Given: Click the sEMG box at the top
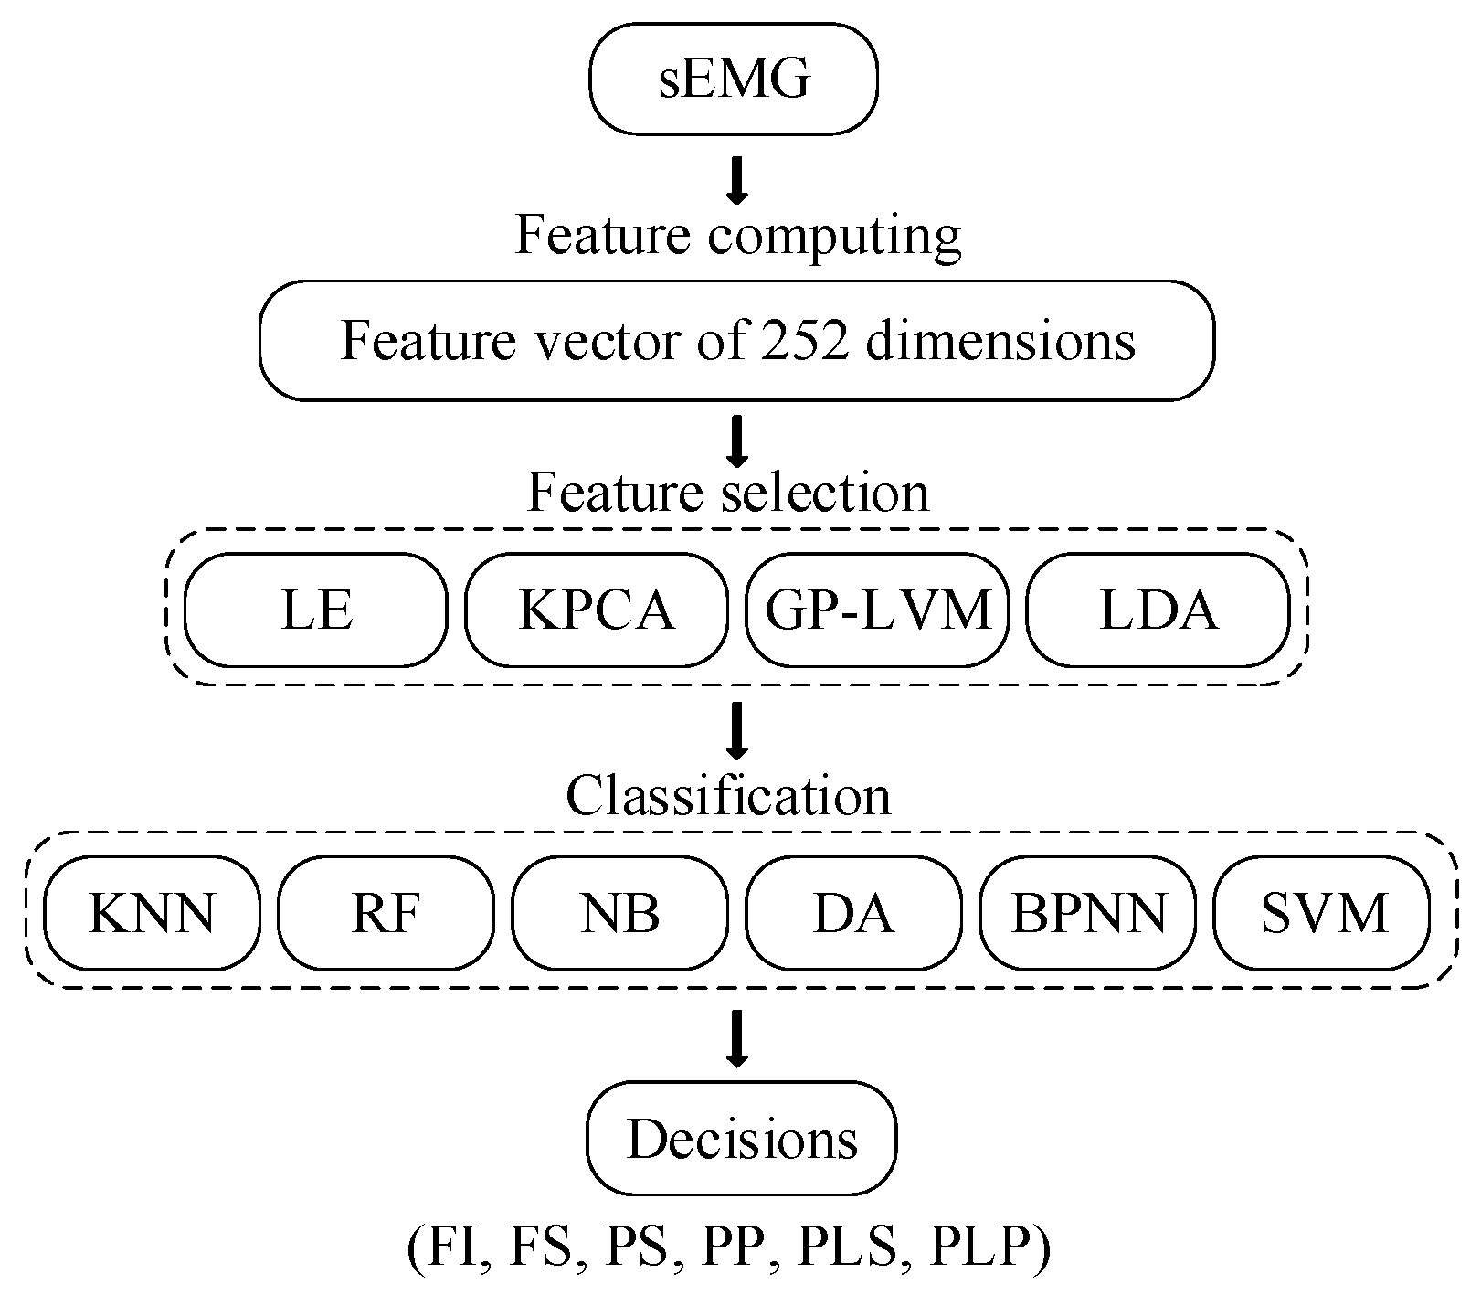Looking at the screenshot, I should pyautogui.click(x=734, y=80).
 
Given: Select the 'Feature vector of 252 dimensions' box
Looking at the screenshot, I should pyautogui.click(x=736, y=341).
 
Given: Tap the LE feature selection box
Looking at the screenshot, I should pyautogui.click(x=316, y=610).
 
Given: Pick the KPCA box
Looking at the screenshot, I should pyautogui.click(x=597, y=610).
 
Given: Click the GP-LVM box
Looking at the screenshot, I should pyautogui.click(x=877, y=610).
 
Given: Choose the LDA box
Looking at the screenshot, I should pyautogui.click(x=1158, y=610).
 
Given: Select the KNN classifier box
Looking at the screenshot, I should pyautogui.click(x=152, y=913).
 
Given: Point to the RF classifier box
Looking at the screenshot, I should pyautogui.click(x=386, y=913).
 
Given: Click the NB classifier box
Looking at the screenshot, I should pyautogui.click(x=619, y=913).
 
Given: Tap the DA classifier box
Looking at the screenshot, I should pyautogui.click(x=853, y=913).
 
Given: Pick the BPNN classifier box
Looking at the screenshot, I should pyautogui.click(x=1088, y=913).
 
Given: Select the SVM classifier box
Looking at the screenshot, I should pyautogui.click(x=1322, y=913).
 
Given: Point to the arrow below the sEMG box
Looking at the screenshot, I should pyautogui.click(x=736, y=182).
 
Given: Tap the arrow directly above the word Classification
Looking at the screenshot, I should pyautogui.click(x=736, y=730).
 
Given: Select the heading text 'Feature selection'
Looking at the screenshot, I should pyautogui.click(x=728, y=494).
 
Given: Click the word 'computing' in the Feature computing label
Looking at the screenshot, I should pyautogui.click(x=834, y=236).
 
